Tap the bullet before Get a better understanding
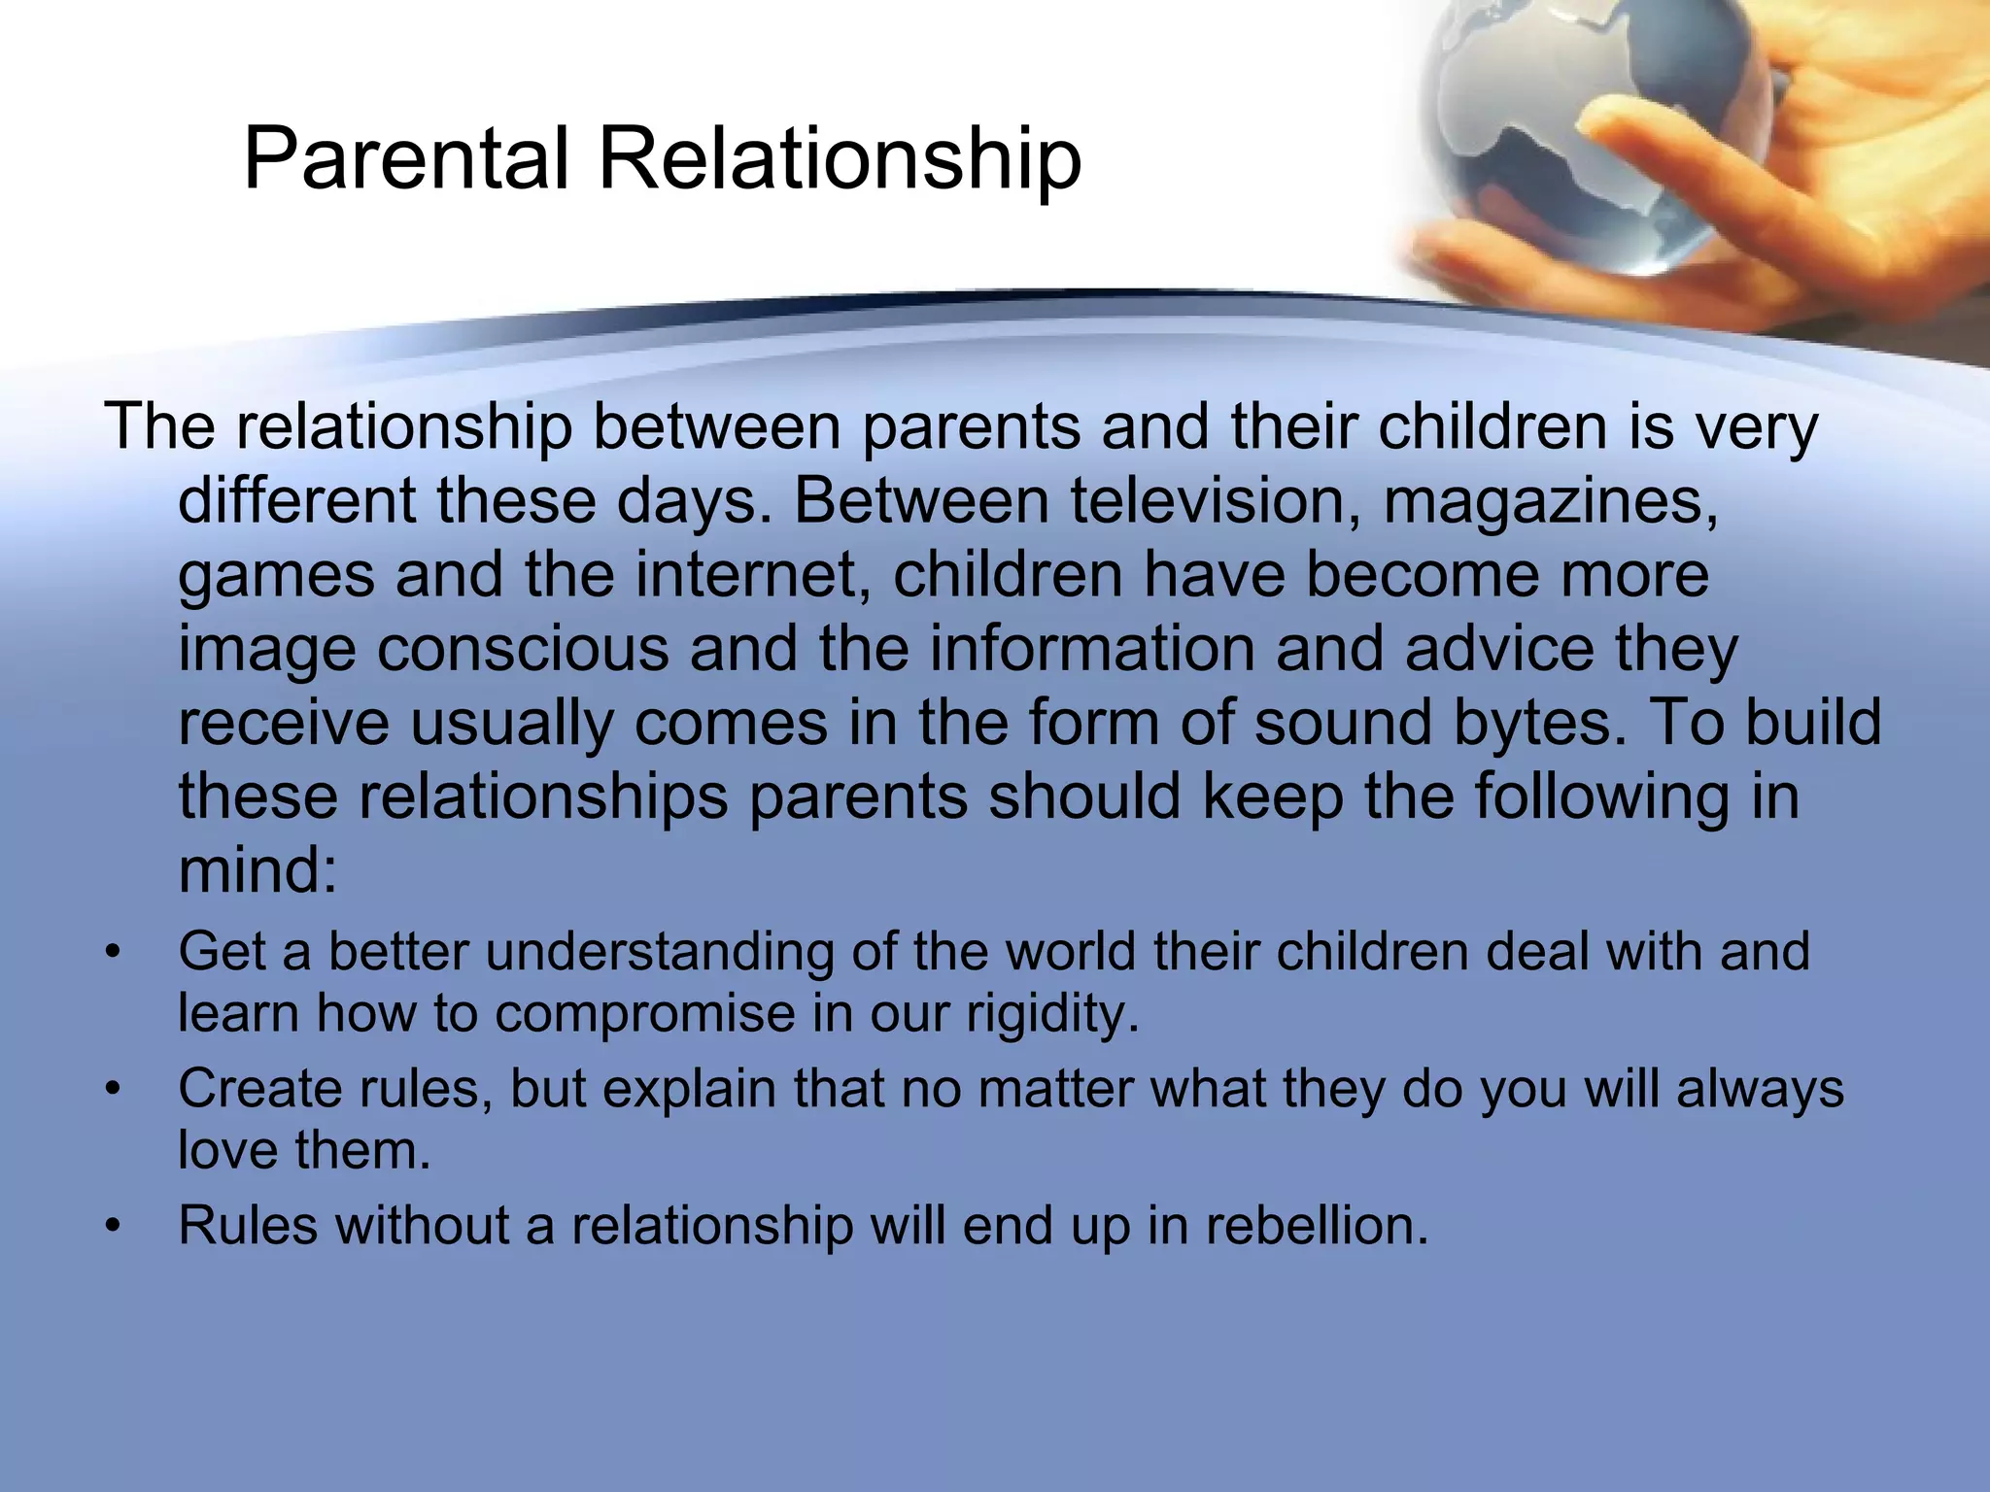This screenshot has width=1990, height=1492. point(115,952)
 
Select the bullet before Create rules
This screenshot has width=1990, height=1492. point(115,1090)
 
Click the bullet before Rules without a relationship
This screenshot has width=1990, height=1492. point(115,1227)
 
